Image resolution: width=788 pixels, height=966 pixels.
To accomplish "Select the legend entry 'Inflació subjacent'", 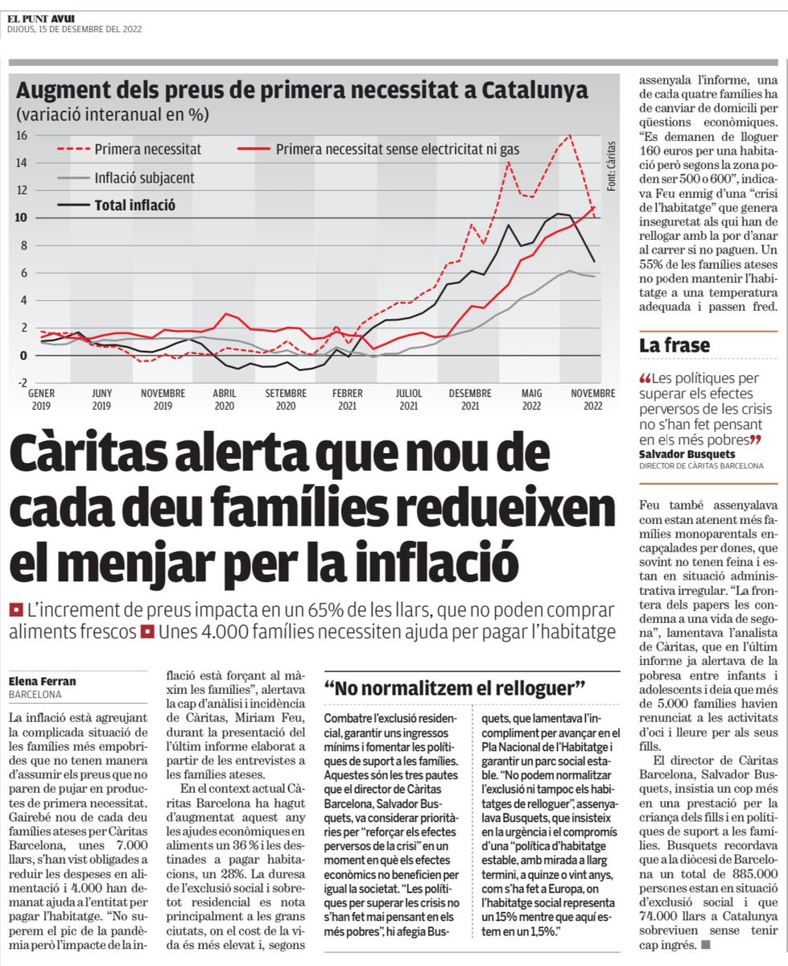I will click(144, 178).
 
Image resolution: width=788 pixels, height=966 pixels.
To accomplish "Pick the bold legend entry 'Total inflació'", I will click(135, 205).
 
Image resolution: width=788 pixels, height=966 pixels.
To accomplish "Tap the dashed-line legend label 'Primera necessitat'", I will click(147, 150).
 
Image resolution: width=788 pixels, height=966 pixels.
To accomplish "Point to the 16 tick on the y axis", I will click(22, 136).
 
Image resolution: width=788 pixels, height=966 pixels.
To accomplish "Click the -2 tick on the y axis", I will click(22, 382).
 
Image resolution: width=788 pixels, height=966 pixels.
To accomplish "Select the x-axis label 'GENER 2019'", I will click(41, 400).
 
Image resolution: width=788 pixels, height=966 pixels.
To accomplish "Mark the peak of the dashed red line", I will click(571, 136).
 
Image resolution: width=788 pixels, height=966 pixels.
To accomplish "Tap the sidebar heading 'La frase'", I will click(675, 345).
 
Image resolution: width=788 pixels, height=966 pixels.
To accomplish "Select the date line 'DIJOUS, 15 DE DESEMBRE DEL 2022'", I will click(74, 31).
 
